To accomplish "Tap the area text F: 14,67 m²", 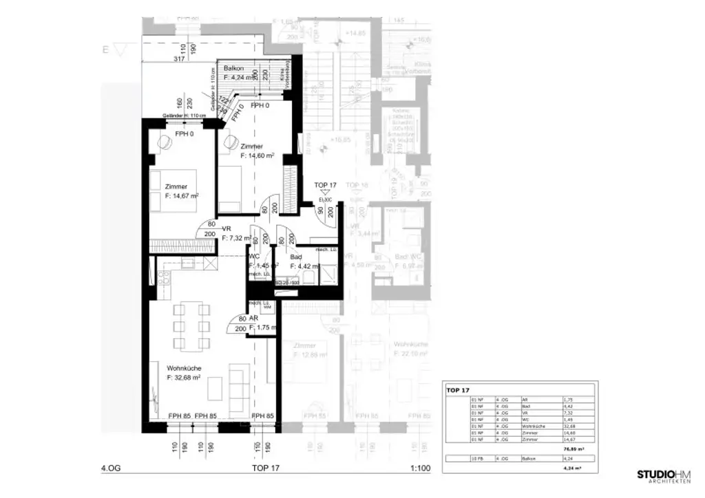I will (182, 196).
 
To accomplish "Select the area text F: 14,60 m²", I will (257, 156).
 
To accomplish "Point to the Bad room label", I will (295, 257).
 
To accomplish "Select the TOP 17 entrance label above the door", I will (324, 186).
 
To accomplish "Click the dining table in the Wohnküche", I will (191, 326).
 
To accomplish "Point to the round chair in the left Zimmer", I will (166, 142).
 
